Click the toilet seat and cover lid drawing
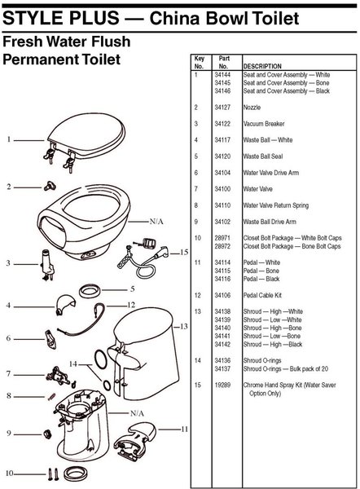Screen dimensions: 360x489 point(86,139)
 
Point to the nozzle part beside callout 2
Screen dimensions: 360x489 point(50,186)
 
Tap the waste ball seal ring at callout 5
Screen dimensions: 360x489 point(90,291)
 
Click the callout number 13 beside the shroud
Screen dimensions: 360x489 point(184,327)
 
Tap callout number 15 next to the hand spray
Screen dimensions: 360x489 point(184,252)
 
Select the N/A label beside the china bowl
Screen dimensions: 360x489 point(156,222)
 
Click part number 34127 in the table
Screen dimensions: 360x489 point(222,108)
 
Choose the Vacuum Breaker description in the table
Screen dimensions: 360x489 point(264,124)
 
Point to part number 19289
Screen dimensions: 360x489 point(222,385)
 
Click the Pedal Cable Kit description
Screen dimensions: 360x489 point(262,295)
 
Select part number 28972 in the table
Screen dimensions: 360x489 point(222,246)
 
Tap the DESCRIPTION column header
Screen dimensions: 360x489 point(262,66)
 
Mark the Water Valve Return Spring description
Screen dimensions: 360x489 point(276,205)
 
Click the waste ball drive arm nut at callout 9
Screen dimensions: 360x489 point(47,434)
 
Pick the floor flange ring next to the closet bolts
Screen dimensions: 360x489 point(75,474)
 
